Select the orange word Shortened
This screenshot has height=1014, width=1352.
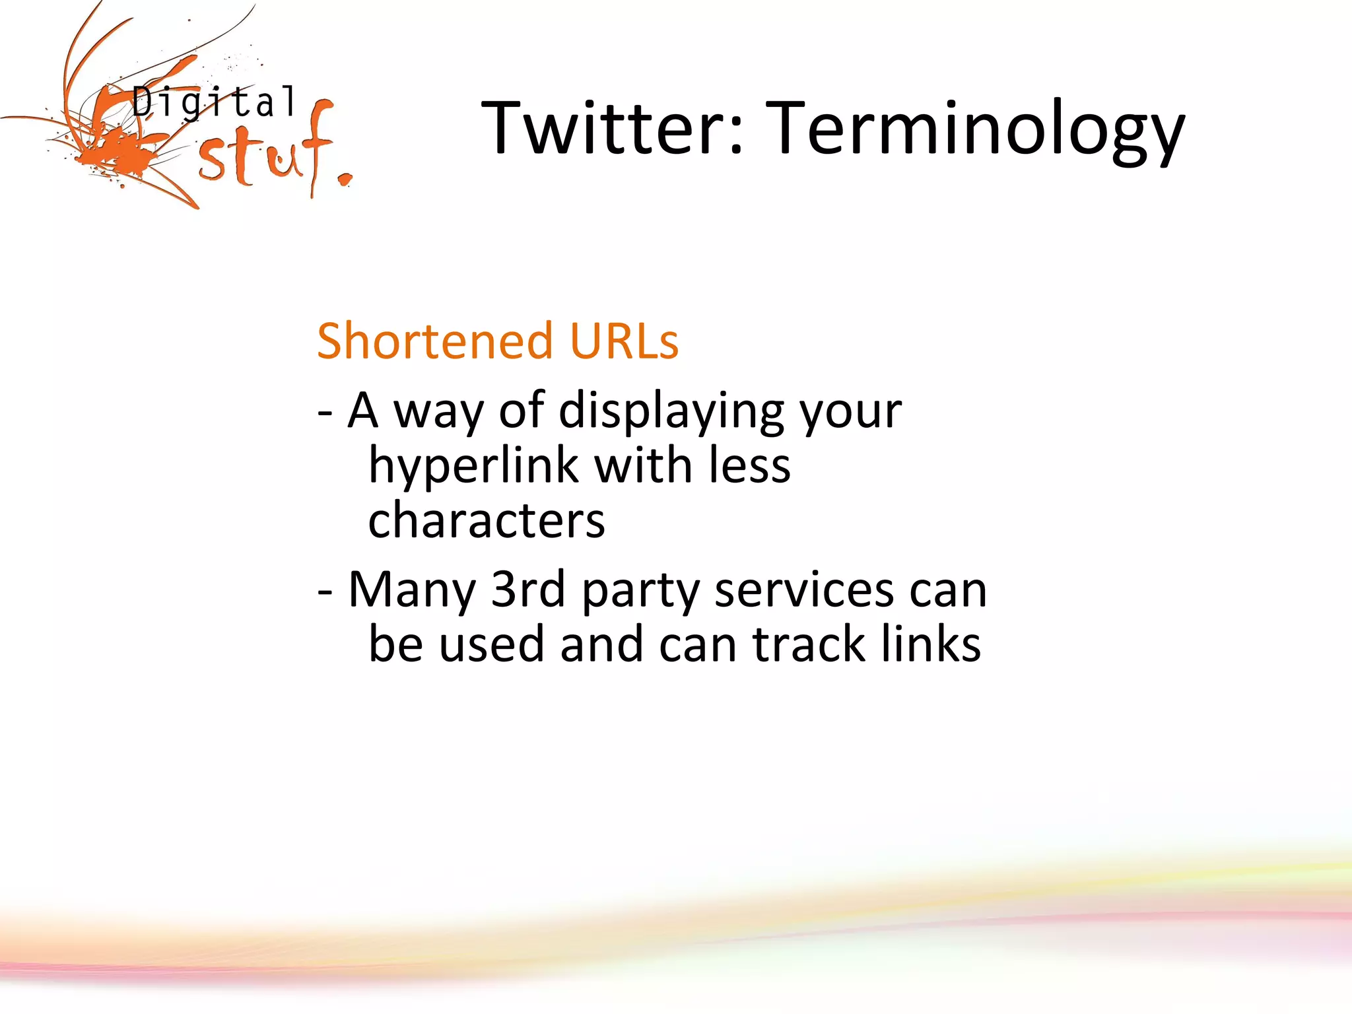tap(434, 341)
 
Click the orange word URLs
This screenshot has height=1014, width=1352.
tap(624, 341)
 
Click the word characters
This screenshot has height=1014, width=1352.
tap(487, 520)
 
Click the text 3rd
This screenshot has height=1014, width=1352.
tap(528, 590)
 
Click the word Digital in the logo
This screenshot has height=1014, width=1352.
tap(214, 103)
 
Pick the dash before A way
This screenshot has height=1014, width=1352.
tap(324, 413)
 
